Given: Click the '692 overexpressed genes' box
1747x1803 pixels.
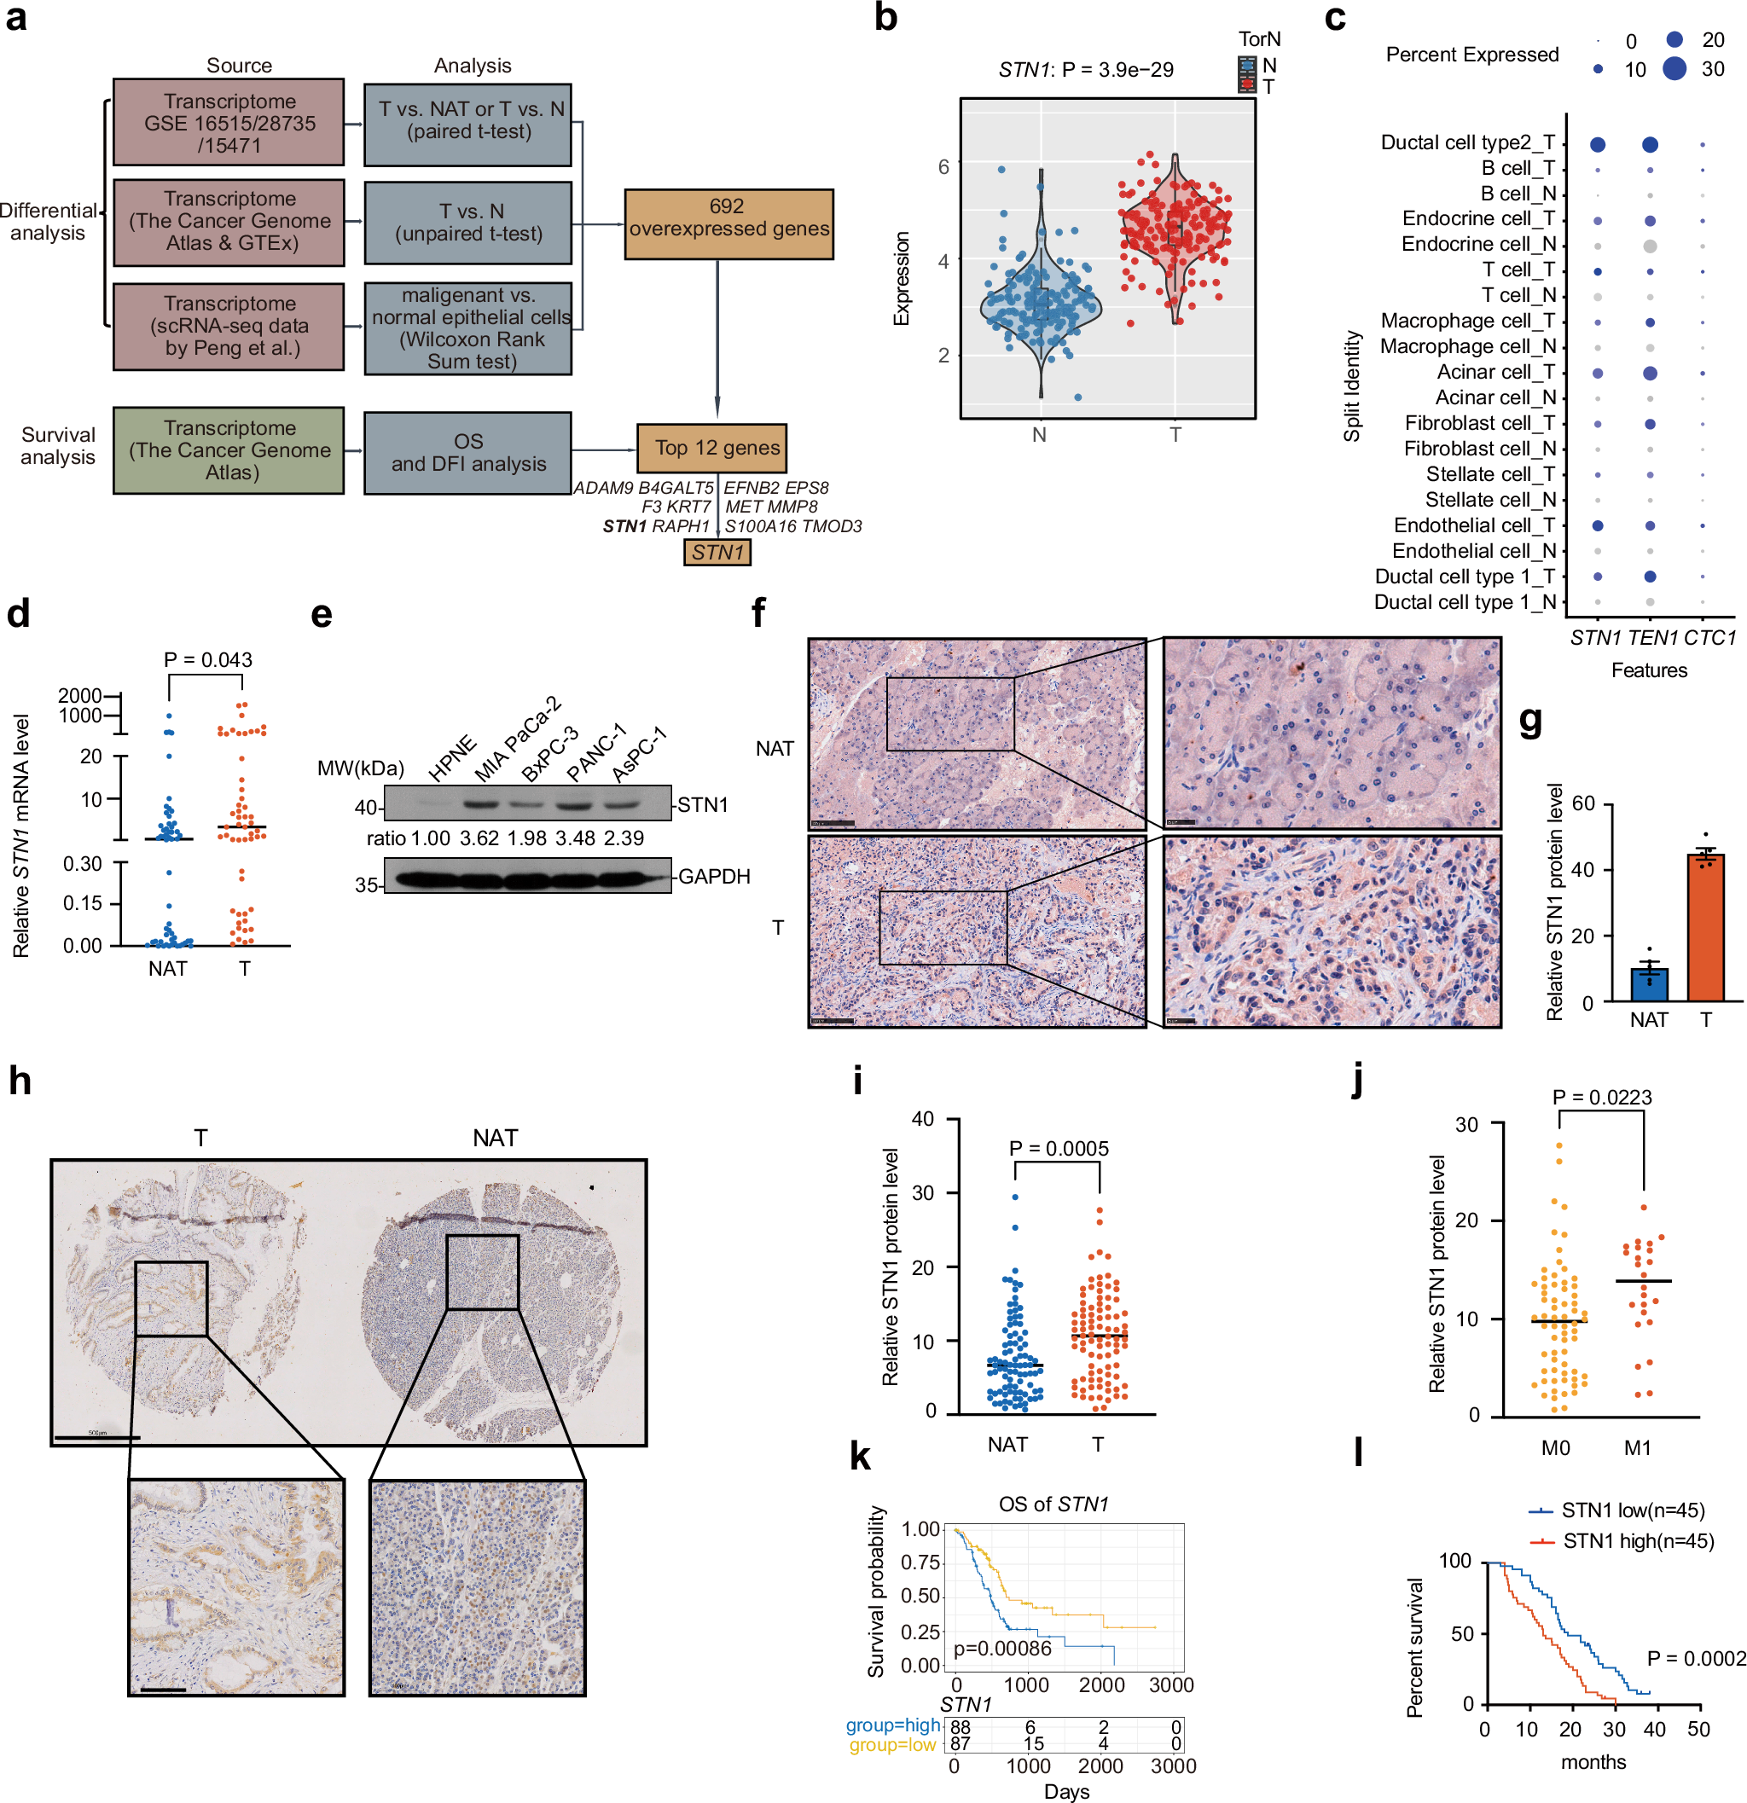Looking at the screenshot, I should click(x=728, y=223).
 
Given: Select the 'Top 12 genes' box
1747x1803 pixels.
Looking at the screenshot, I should click(x=711, y=448).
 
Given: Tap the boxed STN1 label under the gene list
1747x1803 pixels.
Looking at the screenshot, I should click(x=717, y=552).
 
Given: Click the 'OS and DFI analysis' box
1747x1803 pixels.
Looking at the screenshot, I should click(x=467, y=453).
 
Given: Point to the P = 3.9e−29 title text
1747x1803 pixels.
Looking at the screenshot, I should click(x=1117, y=70).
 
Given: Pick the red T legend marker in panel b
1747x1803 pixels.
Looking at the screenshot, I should click(x=1247, y=85).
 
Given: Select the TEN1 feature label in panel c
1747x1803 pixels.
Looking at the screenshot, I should click(x=1652, y=637).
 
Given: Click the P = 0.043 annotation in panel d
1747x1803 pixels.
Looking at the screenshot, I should click(x=208, y=659).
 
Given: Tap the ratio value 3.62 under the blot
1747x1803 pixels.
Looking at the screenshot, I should click(x=479, y=838).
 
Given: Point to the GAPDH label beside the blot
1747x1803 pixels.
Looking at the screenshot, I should click(x=714, y=877).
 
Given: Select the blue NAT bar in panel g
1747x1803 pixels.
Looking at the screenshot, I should click(x=1649, y=983).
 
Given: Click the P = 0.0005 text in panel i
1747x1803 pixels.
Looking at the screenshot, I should click(x=1058, y=1148).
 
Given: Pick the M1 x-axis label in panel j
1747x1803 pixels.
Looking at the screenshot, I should click(x=1637, y=1448).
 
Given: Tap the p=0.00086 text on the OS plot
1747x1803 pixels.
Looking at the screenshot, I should click(x=1001, y=1649).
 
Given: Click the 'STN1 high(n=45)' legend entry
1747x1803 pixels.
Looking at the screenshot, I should click(x=1638, y=1541).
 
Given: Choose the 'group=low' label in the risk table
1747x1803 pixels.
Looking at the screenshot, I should click(x=891, y=1744).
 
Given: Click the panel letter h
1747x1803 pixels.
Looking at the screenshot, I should click(x=20, y=1081).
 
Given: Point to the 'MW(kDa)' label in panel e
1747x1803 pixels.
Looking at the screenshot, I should click(x=360, y=768).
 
